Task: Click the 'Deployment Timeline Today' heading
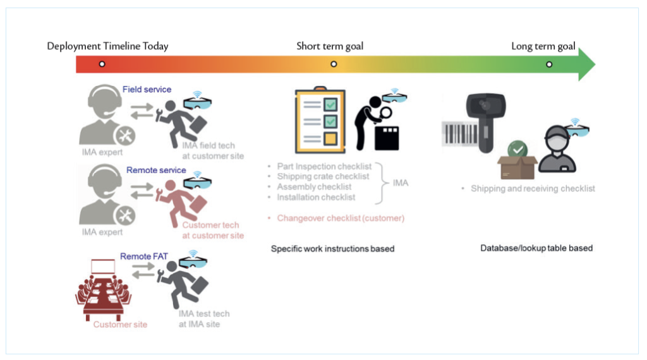click(x=107, y=46)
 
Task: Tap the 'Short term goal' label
click(x=330, y=46)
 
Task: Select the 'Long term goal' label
click(x=543, y=46)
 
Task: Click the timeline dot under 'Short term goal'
click(x=334, y=64)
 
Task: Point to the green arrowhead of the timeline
click(x=586, y=64)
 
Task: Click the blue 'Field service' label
click(x=147, y=90)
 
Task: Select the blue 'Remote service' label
click(x=156, y=170)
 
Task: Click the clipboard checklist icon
click(x=319, y=121)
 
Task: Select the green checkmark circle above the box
click(x=518, y=150)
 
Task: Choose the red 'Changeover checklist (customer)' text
click(x=340, y=218)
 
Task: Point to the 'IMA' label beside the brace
click(x=401, y=183)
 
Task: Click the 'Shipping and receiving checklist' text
click(x=533, y=188)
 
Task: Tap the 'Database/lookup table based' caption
click(x=536, y=248)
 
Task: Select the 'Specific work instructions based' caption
click(x=332, y=249)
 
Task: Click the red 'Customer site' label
click(x=120, y=325)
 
